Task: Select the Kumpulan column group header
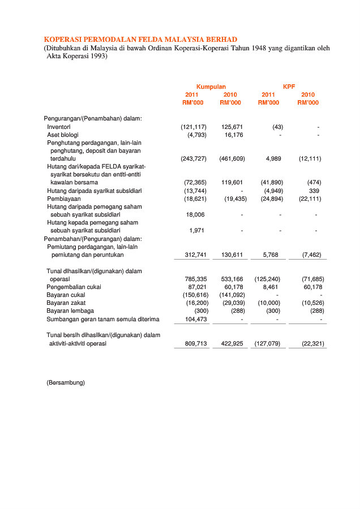coord(211,87)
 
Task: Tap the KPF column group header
coord(289,87)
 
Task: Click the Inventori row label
coord(58,127)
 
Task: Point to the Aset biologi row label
coord(63,135)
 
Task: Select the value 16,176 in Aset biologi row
coord(234,135)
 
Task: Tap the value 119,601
coord(232,183)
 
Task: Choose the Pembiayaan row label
coord(63,199)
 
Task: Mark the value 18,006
coord(195,215)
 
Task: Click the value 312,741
coord(196,255)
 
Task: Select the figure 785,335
coord(196,279)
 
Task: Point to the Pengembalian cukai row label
coord(74,287)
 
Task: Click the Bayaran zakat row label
coord(67,303)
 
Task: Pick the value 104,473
coord(196,319)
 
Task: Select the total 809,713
coord(196,343)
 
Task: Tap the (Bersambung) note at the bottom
coord(66,383)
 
